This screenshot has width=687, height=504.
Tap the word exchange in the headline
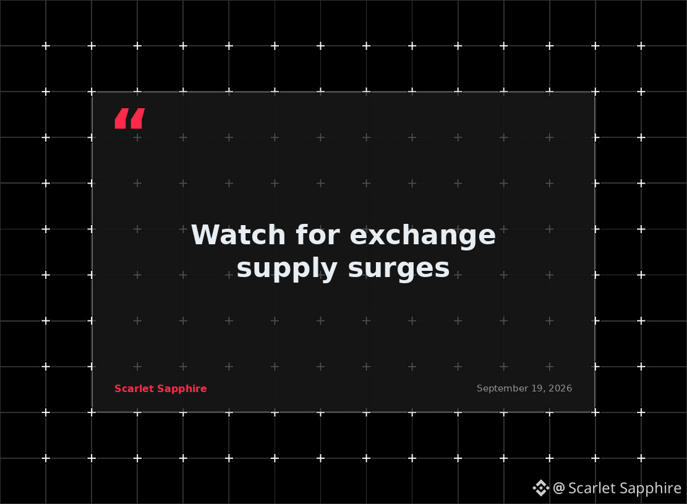[423, 237]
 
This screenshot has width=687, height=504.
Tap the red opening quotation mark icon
[130, 118]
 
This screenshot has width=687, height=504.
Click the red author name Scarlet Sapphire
[160, 389]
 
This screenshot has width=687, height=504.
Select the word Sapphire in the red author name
[182, 389]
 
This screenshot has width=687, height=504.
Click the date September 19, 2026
[524, 388]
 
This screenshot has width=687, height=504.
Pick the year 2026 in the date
[560, 388]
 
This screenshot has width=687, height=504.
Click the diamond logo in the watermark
[540, 488]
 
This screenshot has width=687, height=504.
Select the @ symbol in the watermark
[558, 488]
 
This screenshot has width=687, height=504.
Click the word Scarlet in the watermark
[589, 488]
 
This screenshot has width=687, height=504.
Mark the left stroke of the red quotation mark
[122, 118]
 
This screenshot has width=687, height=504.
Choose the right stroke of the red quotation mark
[137, 118]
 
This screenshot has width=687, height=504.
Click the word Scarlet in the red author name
[134, 389]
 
